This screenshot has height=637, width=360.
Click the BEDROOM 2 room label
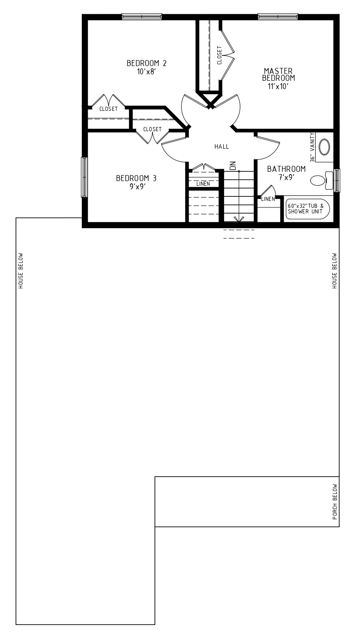tap(146, 63)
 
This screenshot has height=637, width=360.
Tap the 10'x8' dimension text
tap(146, 72)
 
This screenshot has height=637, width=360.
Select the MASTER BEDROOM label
tap(278, 74)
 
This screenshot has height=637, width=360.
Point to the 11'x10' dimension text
tap(278, 86)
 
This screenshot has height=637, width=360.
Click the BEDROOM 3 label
tap(136, 178)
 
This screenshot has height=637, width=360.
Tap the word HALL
tap(222, 147)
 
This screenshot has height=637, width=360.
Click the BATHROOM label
tap(287, 169)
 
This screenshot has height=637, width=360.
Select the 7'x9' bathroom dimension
tap(287, 177)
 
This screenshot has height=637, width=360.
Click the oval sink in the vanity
tap(324, 147)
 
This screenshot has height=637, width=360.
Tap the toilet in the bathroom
tap(322, 180)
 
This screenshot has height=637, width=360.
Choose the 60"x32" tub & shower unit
tap(308, 209)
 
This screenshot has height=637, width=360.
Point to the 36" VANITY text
tap(312, 147)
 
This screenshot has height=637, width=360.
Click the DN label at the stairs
tap(233, 166)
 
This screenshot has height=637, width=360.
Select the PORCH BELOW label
tap(335, 502)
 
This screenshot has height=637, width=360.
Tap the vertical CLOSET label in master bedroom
tap(220, 55)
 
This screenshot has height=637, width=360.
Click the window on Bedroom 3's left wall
tap(84, 177)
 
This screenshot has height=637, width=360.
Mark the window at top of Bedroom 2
tap(142, 17)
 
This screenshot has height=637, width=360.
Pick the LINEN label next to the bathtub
tap(268, 199)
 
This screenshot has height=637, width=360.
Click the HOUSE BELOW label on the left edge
tap(21, 271)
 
